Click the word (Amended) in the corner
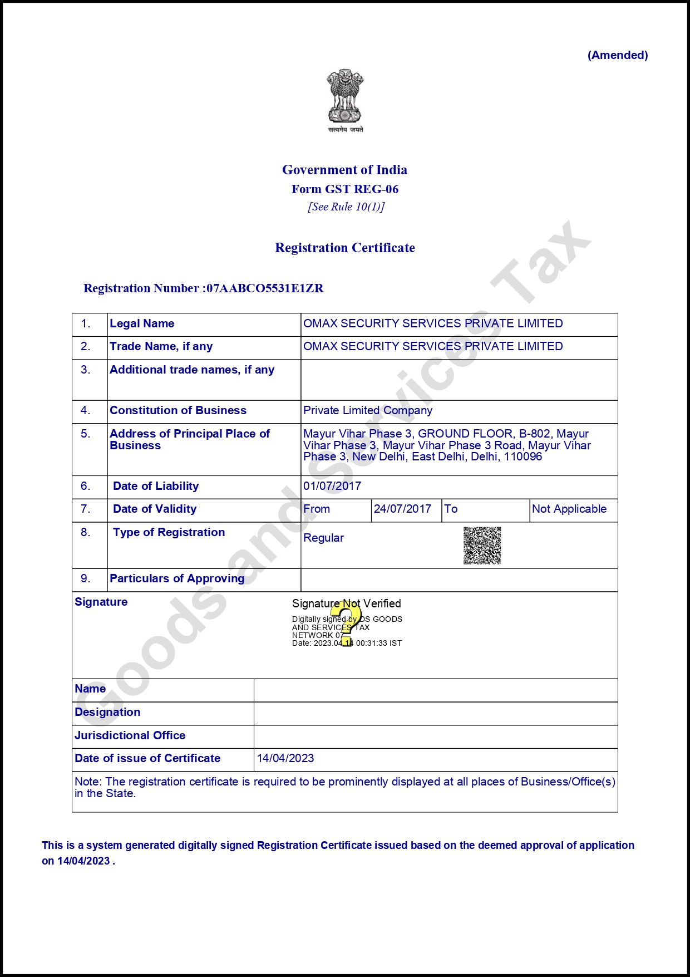coord(618,55)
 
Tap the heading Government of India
coord(344,170)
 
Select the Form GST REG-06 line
coord(345,189)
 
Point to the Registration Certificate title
coord(345,248)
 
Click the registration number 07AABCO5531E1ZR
coord(265,288)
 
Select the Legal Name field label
coord(142,323)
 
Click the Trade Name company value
coord(433,346)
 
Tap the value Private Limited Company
coord(368,410)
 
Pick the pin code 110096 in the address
coord(523,456)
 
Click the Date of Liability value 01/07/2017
coord(332,486)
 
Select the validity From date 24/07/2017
coord(402,509)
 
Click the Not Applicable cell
coord(569,509)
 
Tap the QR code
coord(482,546)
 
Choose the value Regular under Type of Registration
coord(323,538)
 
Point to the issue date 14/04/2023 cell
coord(285,758)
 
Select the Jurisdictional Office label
coord(130,735)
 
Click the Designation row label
coord(107,712)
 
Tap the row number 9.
coord(85,578)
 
